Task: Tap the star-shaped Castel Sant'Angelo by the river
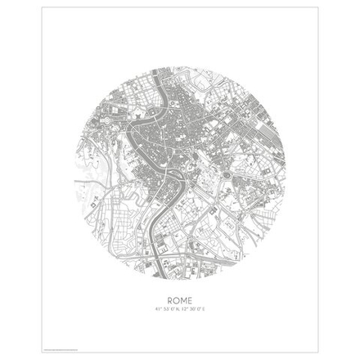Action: pyautogui.click(x=135, y=123)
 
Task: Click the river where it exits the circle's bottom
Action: pyautogui.click(x=155, y=273)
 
